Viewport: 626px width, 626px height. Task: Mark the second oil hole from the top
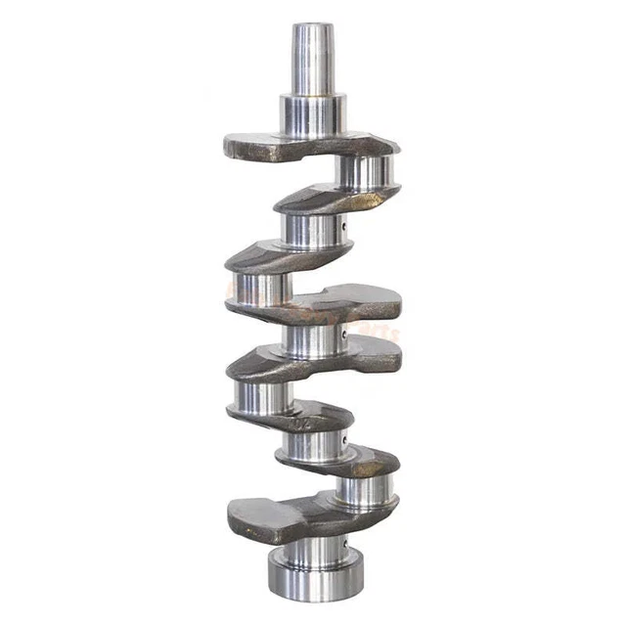coord(346,337)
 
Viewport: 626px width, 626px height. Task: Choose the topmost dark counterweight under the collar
coord(293,148)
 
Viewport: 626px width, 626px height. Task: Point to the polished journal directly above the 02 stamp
coord(256,396)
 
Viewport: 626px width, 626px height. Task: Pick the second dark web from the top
coord(333,199)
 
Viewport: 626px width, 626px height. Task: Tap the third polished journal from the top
coord(256,287)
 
